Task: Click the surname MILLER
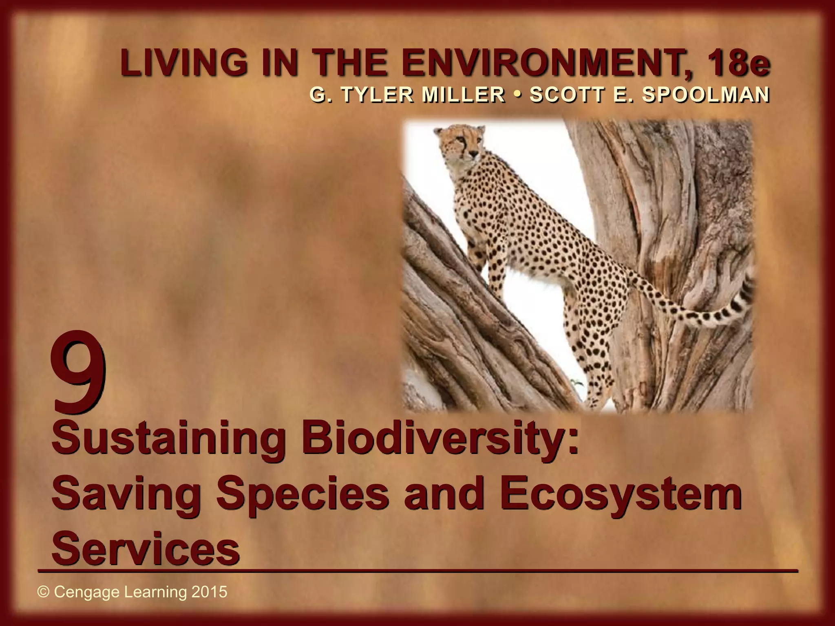pos(463,95)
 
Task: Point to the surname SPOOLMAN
pos(705,95)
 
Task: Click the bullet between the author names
pos(517,95)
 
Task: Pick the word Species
pos(302,494)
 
